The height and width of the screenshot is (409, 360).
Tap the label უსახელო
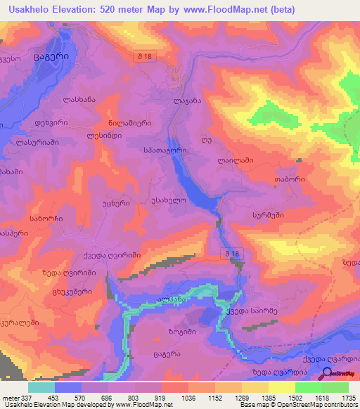[168, 200]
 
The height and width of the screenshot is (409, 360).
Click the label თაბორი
[289, 179]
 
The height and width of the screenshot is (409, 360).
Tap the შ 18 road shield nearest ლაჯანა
[145, 55]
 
